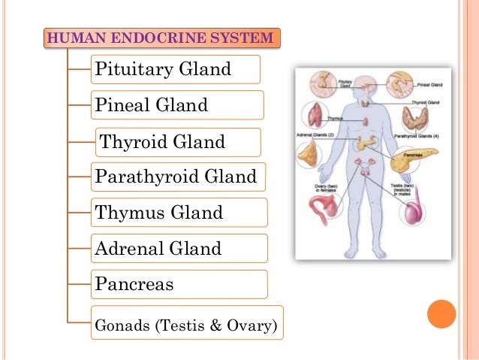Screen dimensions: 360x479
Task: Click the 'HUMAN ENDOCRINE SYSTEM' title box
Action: coord(163,38)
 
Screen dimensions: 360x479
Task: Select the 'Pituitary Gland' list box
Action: coord(175,70)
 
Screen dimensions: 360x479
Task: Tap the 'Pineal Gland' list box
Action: coord(176,105)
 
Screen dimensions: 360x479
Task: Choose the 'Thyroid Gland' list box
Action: coord(178,141)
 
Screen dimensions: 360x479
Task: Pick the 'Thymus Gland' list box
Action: coord(179,213)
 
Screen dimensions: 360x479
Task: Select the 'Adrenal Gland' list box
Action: coord(179,248)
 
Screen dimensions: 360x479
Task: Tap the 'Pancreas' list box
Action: coord(179,285)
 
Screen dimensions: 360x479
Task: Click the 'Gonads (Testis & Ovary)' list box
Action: coord(185,325)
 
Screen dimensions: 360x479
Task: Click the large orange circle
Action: coord(441,314)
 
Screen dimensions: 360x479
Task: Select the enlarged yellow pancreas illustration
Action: coord(409,160)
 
